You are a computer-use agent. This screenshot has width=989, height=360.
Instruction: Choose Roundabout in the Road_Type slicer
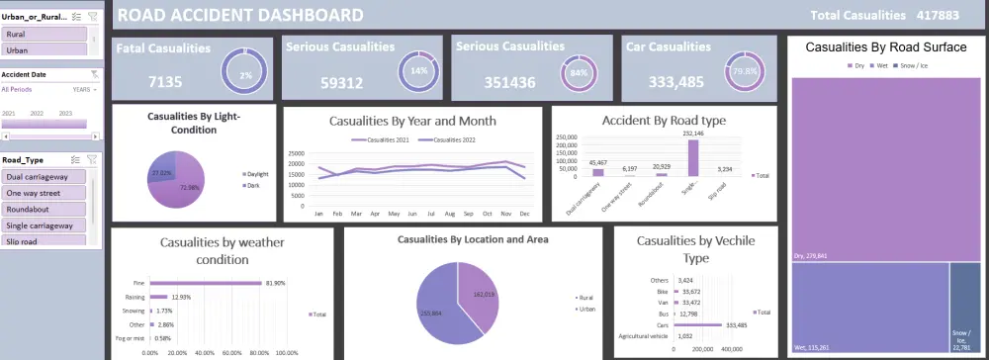point(44,209)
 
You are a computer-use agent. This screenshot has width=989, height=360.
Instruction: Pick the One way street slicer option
point(44,193)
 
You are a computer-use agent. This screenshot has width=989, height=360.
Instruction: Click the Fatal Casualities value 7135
point(163,82)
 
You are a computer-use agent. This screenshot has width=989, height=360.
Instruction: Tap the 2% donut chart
point(243,72)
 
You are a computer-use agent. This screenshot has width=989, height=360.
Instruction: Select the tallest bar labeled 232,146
point(692,156)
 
